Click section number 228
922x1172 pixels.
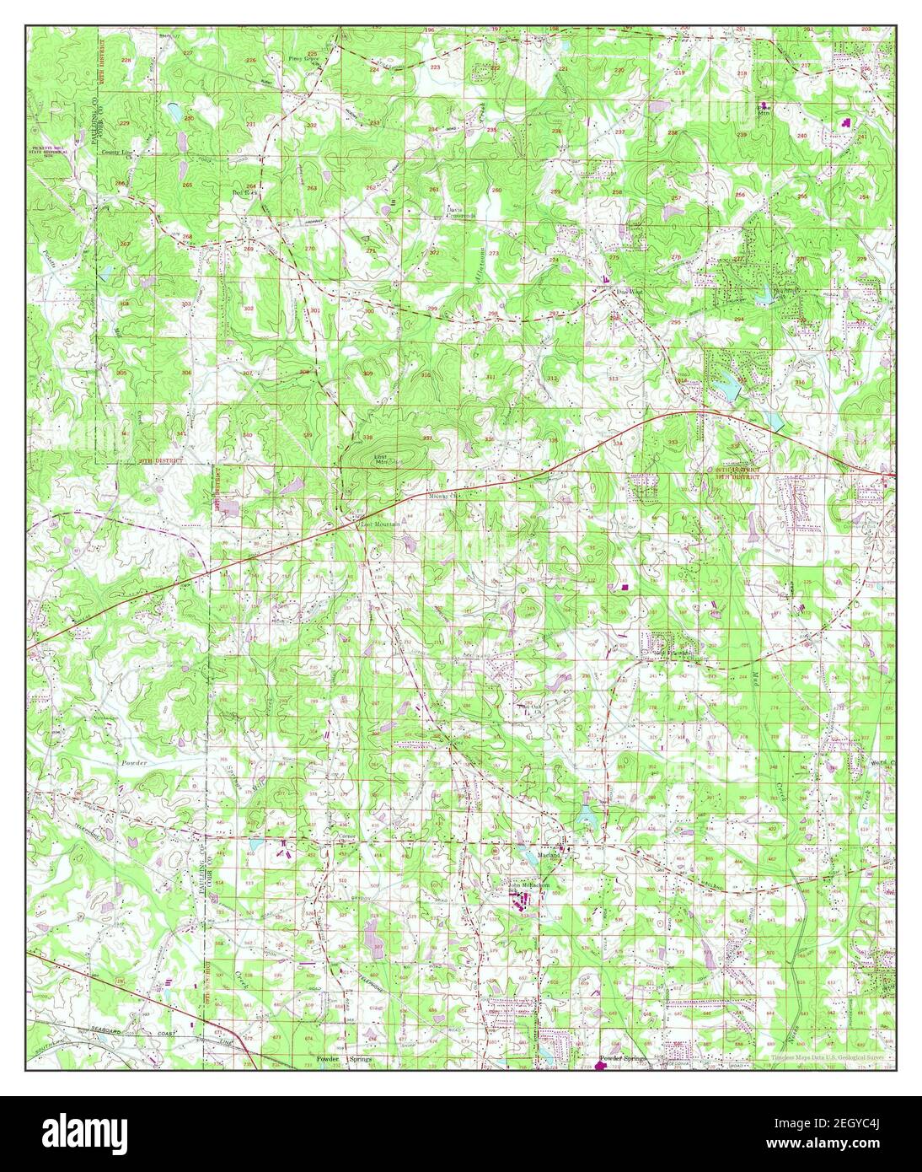126,62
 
